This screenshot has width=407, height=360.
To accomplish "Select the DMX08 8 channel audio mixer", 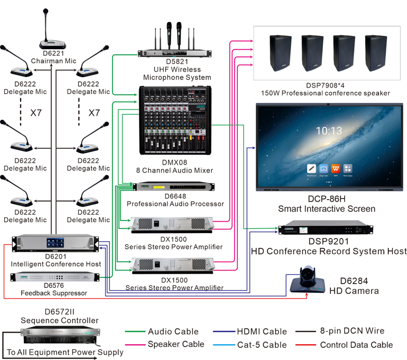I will [175, 121].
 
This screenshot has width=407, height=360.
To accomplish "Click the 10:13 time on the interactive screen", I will [329, 131].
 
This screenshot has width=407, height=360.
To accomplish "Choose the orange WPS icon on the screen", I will [336, 168].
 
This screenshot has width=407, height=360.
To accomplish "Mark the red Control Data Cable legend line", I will [306, 345].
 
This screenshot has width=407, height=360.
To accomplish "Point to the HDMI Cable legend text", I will [262, 332].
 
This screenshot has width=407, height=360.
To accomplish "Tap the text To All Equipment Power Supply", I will [65, 352].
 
